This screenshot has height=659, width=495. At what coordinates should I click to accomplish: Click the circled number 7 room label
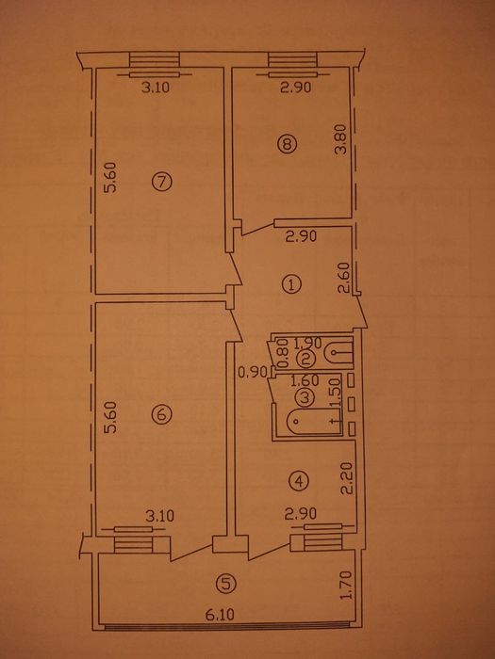[162, 183]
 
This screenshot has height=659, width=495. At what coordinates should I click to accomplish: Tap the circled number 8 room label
[287, 145]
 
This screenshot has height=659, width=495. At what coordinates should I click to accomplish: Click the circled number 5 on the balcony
[225, 584]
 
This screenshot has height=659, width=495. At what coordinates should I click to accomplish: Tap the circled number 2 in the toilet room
[305, 359]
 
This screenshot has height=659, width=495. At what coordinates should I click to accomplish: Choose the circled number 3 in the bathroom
[305, 396]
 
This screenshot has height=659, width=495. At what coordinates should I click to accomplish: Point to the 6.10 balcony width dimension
[220, 616]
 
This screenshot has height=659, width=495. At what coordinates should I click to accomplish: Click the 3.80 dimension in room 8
[341, 139]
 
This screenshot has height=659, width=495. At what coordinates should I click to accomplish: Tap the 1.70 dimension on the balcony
[346, 586]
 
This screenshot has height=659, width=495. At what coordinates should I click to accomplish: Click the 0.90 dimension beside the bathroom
[251, 372]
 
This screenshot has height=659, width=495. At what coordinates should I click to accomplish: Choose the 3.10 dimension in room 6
[160, 516]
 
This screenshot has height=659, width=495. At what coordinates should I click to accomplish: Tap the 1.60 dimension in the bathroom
[305, 380]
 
